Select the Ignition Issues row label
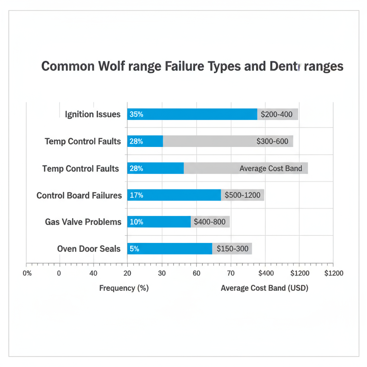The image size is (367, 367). pyautogui.click(x=92, y=114)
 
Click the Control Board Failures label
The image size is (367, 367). pyautogui.click(x=79, y=195)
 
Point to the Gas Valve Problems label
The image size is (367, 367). pyautogui.click(x=83, y=222)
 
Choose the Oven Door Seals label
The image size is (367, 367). pyautogui.click(x=89, y=249)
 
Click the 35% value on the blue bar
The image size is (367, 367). pyautogui.click(x=136, y=114)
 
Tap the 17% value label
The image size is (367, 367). pyautogui.click(x=136, y=195)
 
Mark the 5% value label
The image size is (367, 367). pyautogui.click(x=134, y=249)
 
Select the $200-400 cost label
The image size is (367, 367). pyautogui.click(x=277, y=115)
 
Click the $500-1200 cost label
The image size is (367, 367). pyautogui.click(x=243, y=195)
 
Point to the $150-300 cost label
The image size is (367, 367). pyautogui.click(x=232, y=249)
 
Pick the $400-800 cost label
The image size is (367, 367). pyautogui.click(x=210, y=222)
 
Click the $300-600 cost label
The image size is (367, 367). pyautogui.click(x=272, y=142)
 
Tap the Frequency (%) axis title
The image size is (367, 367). pyautogui.click(x=124, y=288)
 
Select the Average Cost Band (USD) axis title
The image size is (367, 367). pyautogui.click(x=264, y=288)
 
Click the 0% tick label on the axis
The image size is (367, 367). pyautogui.click(x=27, y=273)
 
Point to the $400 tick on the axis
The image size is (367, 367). pyautogui.click(x=266, y=273)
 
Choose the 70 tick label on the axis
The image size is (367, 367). pyautogui.click(x=231, y=273)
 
